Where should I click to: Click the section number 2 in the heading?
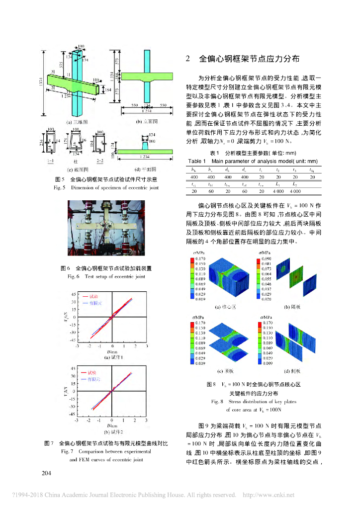[188, 59]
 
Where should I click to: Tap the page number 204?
[46, 473]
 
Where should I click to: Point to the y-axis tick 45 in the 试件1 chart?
[73, 294]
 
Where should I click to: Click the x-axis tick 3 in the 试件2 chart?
[148, 421]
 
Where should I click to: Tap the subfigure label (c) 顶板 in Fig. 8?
[227, 371]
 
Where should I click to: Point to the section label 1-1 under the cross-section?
[51, 162]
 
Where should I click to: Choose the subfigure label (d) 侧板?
[295, 371]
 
